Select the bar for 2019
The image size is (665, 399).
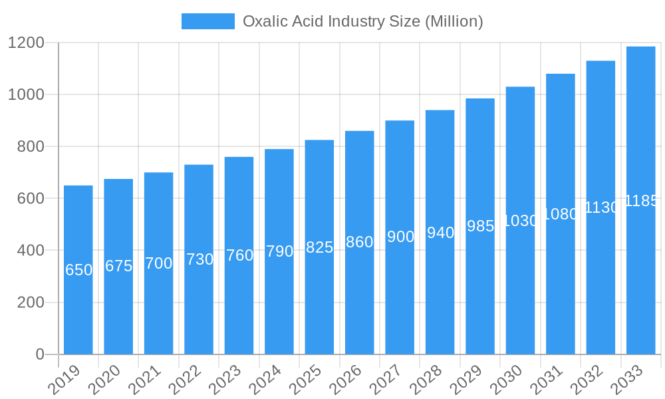(x=78, y=269)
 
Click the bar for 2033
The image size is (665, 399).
(x=641, y=199)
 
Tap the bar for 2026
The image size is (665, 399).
(x=360, y=242)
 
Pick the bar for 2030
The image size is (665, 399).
(x=520, y=220)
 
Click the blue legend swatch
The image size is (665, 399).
(x=207, y=21)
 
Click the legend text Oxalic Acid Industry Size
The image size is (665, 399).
(x=362, y=21)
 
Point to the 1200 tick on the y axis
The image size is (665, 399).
(x=26, y=43)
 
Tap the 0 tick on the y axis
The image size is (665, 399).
(x=40, y=354)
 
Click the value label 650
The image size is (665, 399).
(x=78, y=270)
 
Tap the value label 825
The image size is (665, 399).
(x=319, y=247)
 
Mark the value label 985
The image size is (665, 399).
(x=480, y=226)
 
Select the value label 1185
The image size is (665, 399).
(x=641, y=201)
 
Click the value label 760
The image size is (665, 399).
(x=239, y=255)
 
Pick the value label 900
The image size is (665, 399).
(x=400, y=237)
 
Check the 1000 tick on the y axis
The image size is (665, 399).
(x=26, y=94)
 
